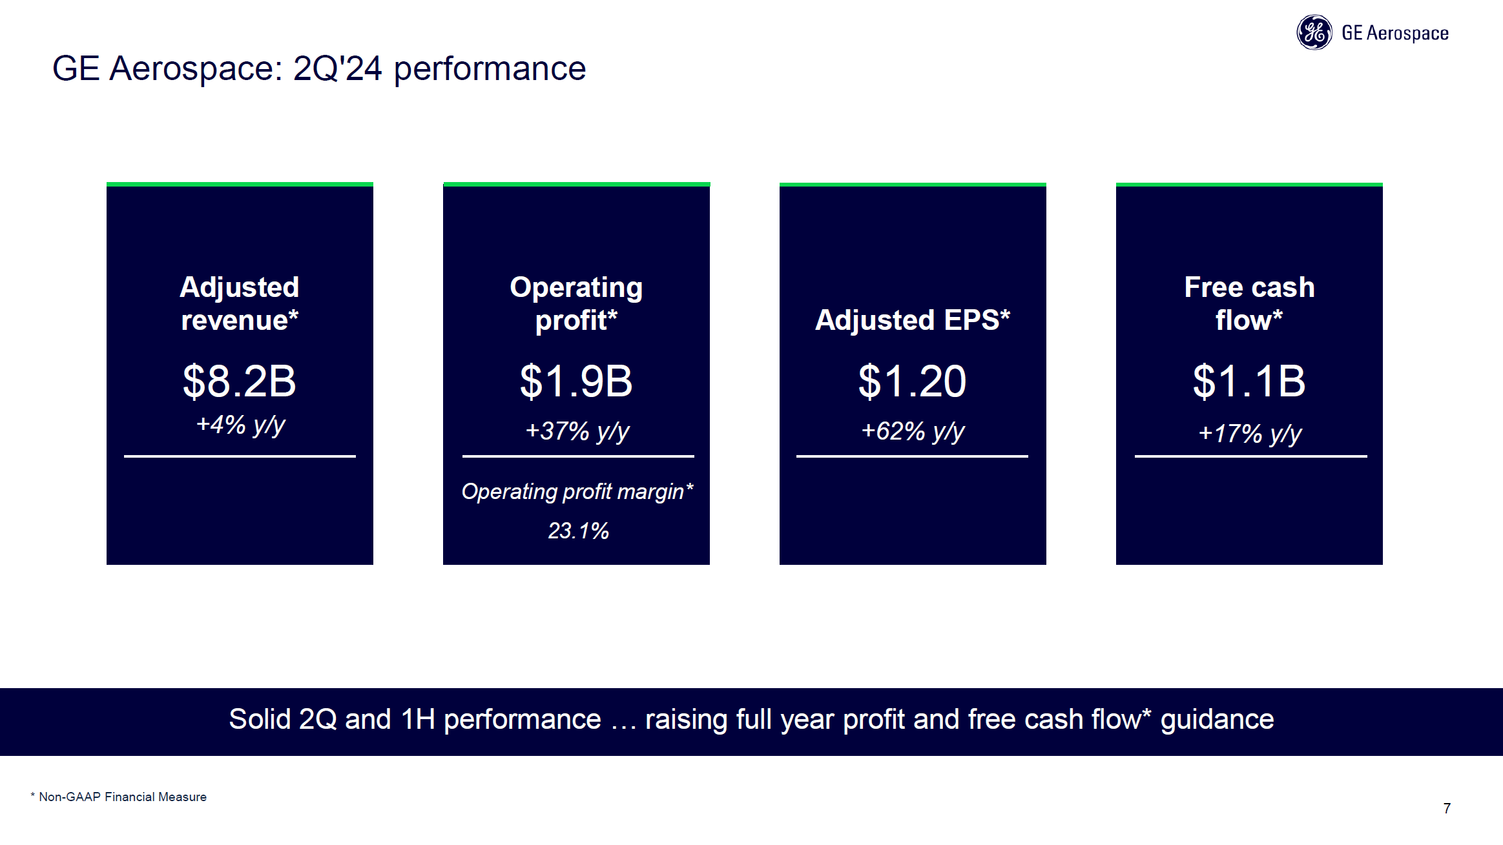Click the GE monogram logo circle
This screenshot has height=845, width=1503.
[x=1314, y=32]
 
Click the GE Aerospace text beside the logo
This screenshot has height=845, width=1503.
[x=1394, y=33]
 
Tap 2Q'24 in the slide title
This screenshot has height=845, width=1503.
[x=337, y=68]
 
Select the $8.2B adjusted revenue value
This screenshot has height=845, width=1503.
[x=240, y=381]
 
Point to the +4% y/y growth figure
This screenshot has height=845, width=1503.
[x=240, y=425]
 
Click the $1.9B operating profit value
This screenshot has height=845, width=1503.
[x=576, y=381]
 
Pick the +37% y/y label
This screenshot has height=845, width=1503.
[x=577, y=431]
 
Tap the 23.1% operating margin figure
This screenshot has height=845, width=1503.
[x=578, y=531]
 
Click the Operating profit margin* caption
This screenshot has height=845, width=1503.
[x=577, y=492]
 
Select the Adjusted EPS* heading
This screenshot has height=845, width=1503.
[x=913, y=320]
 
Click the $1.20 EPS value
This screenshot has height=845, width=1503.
[x=912, y=381]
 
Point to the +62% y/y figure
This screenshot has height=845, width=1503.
[x=913, y=431]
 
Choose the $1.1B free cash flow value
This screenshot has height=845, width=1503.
[x=1249, y=381]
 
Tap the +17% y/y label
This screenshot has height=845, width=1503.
[x=1249, y=433]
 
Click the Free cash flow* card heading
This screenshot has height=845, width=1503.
[x=1249, y=303]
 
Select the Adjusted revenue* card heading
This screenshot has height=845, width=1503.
[x=240, y=303]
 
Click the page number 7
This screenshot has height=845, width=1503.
[x=1447, y=808]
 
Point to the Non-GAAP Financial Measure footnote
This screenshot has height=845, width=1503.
[x=122, y=797]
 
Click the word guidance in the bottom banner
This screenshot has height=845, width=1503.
[x=1217, y=719]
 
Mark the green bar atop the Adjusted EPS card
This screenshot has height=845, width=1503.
[x=913, y=185]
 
